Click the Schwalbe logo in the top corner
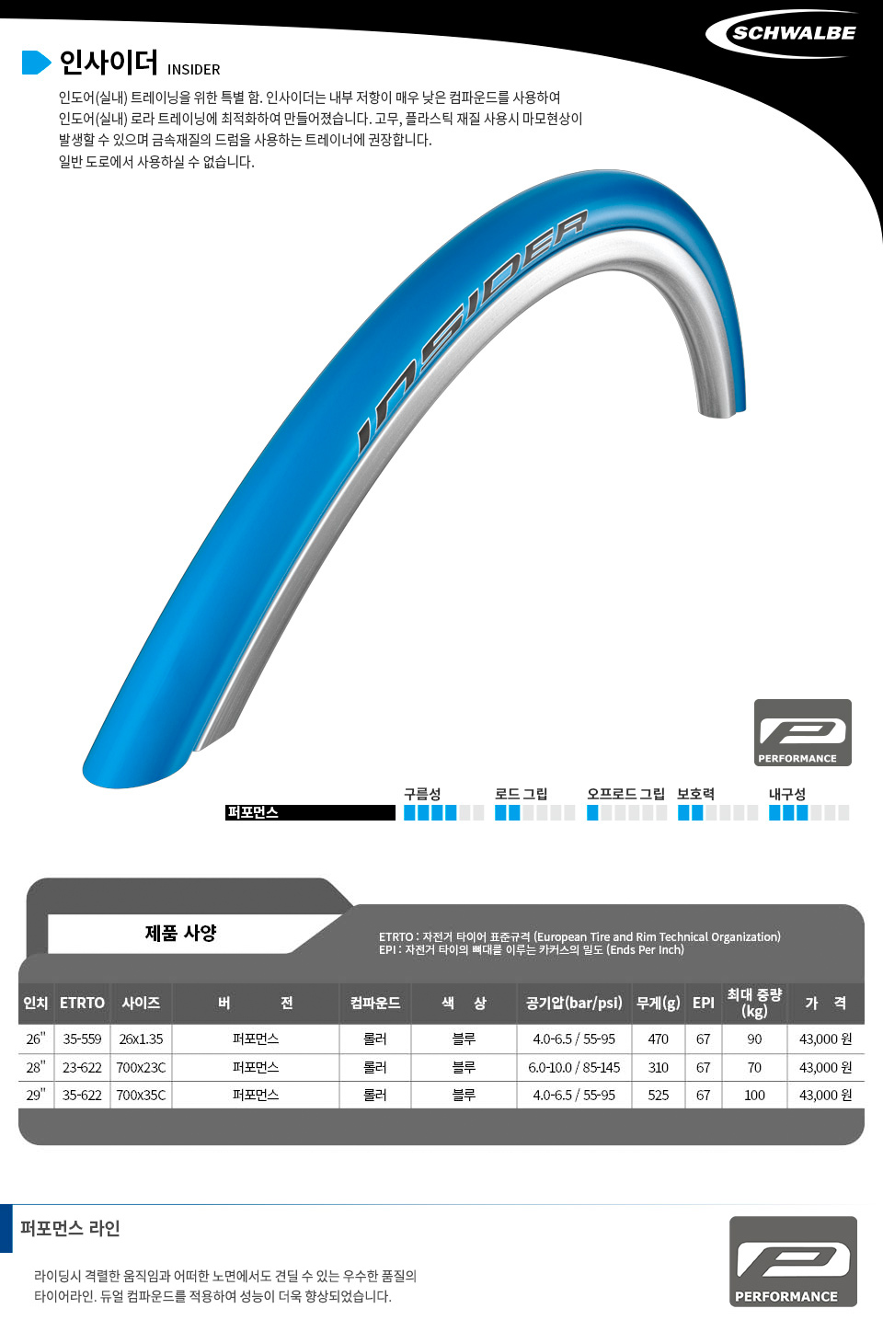(x=785, y=33)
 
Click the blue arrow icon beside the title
(x=36, y=63)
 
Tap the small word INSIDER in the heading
(x=194, y=70)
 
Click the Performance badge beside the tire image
(x=803, y=732)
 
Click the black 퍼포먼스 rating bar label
(x=310, y=812)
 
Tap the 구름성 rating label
(x=422, y=794)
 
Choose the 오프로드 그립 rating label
(x=625, y=794)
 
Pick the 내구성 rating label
(x=787, y=794)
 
